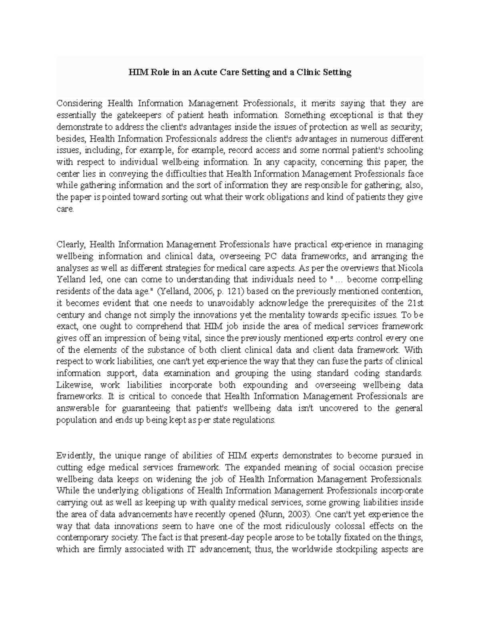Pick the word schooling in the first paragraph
click(406, 151)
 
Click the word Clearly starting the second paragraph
click(71, 244)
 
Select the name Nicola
click(411, 268)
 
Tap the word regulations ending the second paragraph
click(256, 420)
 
